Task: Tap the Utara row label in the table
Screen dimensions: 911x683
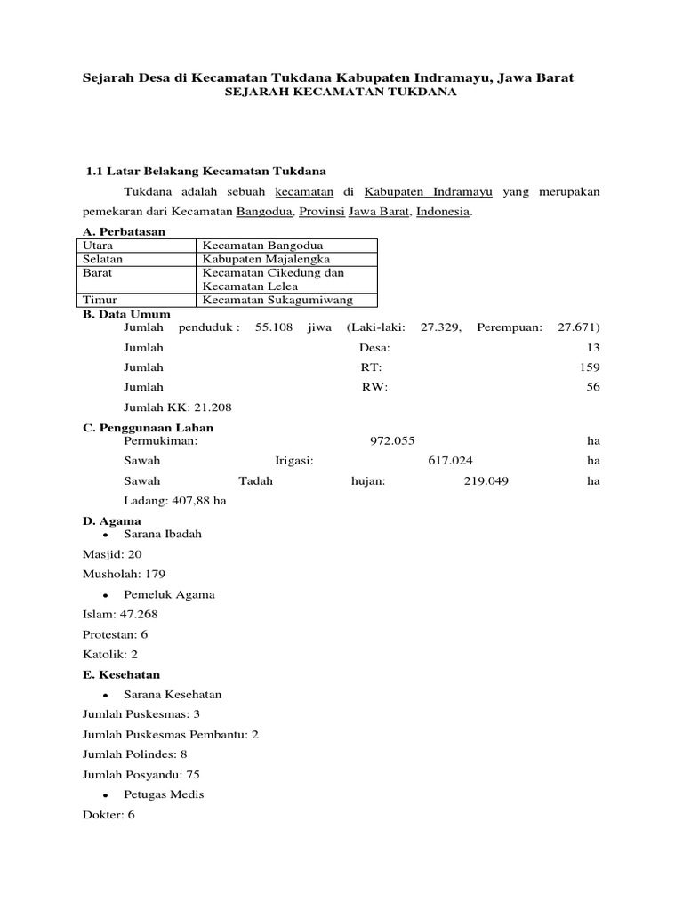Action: click(x=98, y=246)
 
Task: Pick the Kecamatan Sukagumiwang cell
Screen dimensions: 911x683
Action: click(x=277, y=301)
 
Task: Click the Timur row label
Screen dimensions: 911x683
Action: click(x=100, y=301)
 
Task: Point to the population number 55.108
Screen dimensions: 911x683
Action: click(x=274, y=327)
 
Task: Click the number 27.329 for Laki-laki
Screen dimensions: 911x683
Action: click(x=440, y=327)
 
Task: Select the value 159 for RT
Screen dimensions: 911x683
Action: click(x=589, y=367)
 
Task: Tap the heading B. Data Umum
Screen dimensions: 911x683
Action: click(x=126, y=314)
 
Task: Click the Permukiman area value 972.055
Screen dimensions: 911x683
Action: click(x=391, y=440)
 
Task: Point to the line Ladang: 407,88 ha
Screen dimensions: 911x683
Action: click(x=174, y=501)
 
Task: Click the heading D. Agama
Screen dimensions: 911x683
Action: click(x=112, y=520)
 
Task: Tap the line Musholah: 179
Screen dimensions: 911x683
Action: click(x=124, y=574)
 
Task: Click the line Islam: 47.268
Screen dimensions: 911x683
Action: click(x=120, y=614)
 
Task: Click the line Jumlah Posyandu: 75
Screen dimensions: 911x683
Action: click(x=141, y=774)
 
